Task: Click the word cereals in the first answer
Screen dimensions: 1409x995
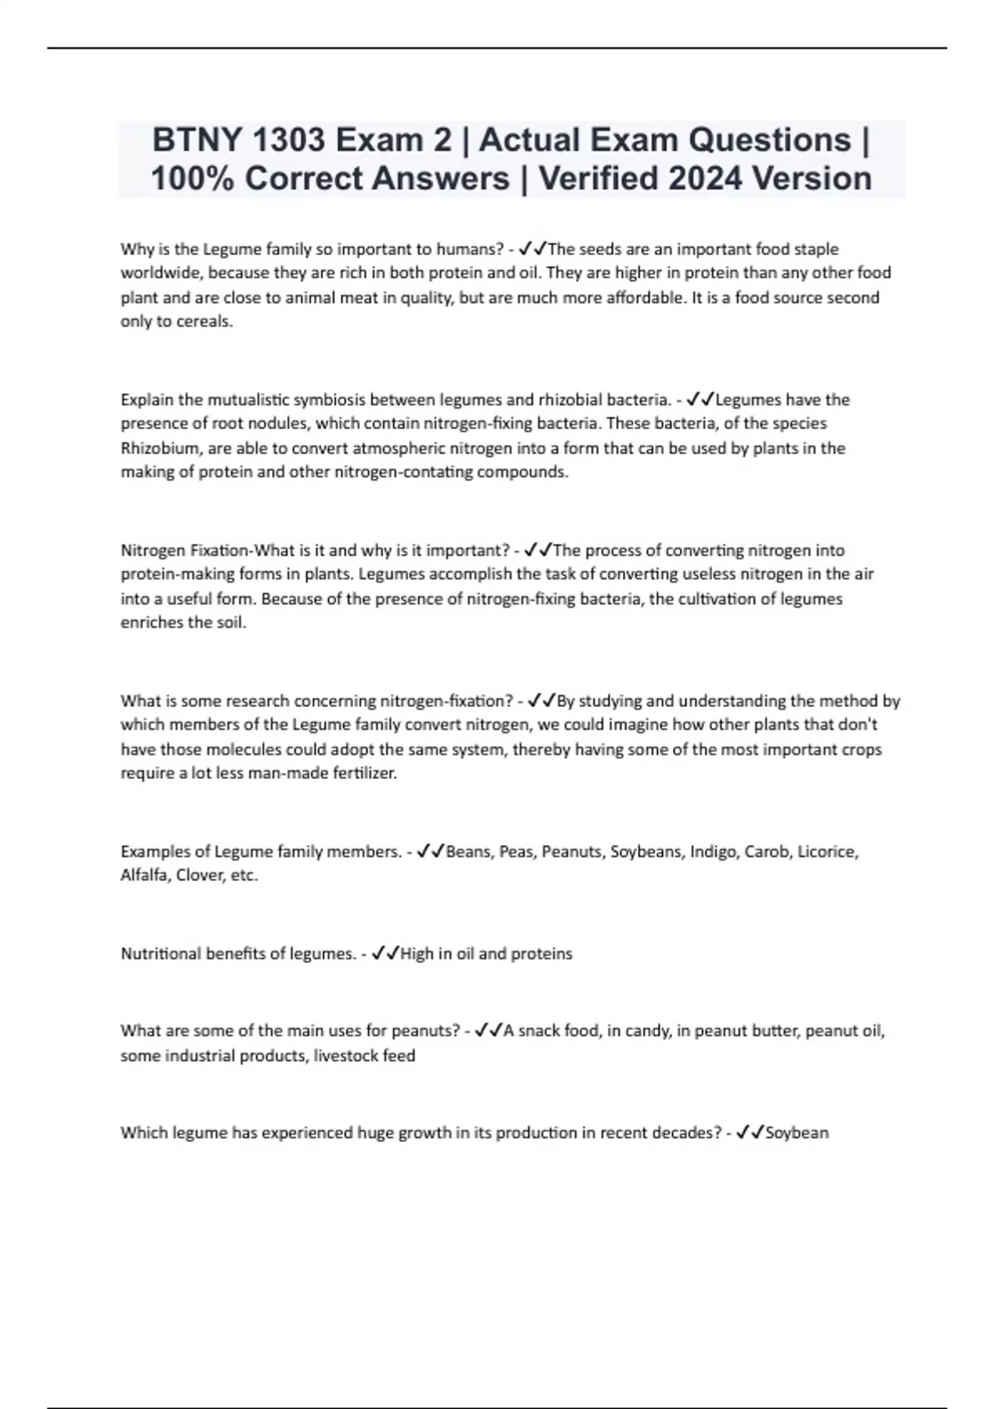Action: tap(206, 322)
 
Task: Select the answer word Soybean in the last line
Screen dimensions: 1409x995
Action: tap(797, 1132)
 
